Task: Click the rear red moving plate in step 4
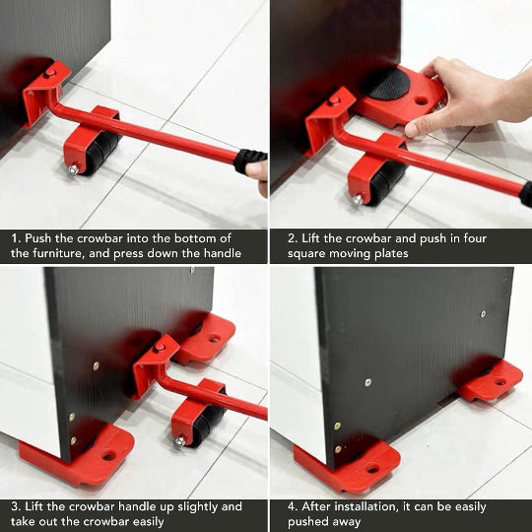[x=491, y=380]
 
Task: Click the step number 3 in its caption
[x=16, y=506]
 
